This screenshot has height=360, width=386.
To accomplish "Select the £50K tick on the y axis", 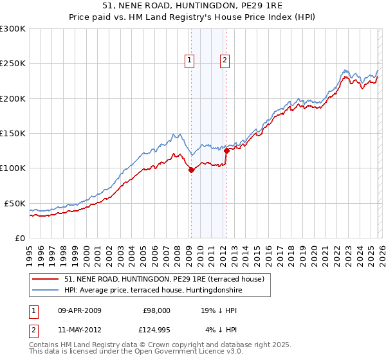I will point(14,203).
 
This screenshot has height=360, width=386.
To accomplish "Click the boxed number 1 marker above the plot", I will point(190,61).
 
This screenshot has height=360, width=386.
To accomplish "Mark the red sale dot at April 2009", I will point(191,170).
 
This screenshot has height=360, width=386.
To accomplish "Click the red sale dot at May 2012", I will point(226,150).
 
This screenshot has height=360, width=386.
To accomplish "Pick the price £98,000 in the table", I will point(156,310).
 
